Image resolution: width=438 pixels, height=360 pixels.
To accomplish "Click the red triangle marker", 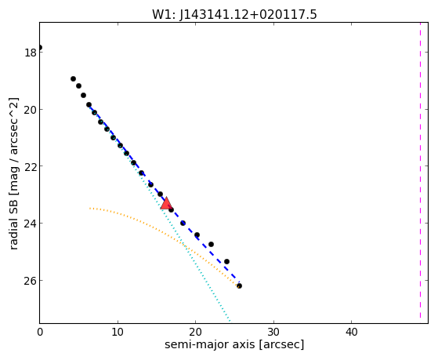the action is click(x=166, y=203).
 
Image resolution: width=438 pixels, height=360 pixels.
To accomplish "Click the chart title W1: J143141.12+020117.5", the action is click(x=234, y=15).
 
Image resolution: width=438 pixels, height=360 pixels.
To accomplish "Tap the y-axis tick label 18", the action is click(x=31, y=53).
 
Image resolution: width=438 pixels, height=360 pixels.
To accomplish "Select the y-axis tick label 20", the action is click(x=31, y=110).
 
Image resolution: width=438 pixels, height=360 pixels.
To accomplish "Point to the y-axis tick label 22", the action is click(x=31, y=166).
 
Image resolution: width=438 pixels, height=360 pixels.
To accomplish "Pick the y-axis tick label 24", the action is click(x=31, y=224).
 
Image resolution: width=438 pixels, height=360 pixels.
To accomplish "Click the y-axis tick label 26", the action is click(x=31, y=281).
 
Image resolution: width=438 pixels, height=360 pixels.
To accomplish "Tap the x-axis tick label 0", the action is click(x=40, y=333).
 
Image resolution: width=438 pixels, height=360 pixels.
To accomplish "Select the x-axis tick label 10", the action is click(x=118, y=333).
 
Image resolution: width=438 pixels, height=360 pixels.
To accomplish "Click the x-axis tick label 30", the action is click(x=273, y=333).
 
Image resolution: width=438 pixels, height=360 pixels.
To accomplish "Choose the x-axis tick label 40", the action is click(x=351, y=333).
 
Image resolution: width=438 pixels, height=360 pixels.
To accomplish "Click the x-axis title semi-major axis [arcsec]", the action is click(x=234, y=344).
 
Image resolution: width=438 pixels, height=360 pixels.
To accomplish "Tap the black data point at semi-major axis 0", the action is click(x=40, y=47).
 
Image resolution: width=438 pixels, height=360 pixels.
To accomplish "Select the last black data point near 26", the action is click(x=239, y=285).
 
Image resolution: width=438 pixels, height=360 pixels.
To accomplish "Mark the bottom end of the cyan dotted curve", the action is click(x=230, y=321).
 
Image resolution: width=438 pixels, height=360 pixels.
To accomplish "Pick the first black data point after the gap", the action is click(x=73, y=79).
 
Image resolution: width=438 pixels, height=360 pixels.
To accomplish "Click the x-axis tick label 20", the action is click(x=196, y=333).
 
